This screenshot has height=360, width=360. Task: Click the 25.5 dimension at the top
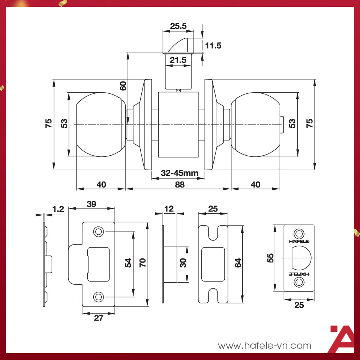178,26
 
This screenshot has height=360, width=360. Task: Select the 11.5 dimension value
213,46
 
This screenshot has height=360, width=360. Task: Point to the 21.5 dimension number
178,60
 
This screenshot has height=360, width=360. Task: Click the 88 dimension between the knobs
180,184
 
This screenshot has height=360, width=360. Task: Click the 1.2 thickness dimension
58,209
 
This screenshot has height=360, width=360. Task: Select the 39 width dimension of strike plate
91,204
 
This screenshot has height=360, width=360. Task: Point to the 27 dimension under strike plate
98,318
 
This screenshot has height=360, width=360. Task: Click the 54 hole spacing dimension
128,262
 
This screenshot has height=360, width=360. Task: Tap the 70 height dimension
142,262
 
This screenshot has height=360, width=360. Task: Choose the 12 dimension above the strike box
169,208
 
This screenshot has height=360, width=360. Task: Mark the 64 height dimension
238,263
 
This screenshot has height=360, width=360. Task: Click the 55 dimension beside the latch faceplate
271,257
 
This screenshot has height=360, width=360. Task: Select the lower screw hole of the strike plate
99,297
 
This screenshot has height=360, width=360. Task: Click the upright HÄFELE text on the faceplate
299,241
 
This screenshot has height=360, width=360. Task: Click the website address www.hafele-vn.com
265,345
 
